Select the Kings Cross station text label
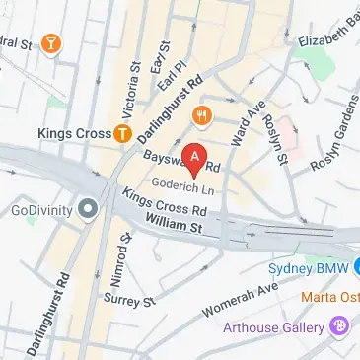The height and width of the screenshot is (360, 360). point(72,132)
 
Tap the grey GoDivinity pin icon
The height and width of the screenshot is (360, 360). point(88,208)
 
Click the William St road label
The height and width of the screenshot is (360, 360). point(172,225)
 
